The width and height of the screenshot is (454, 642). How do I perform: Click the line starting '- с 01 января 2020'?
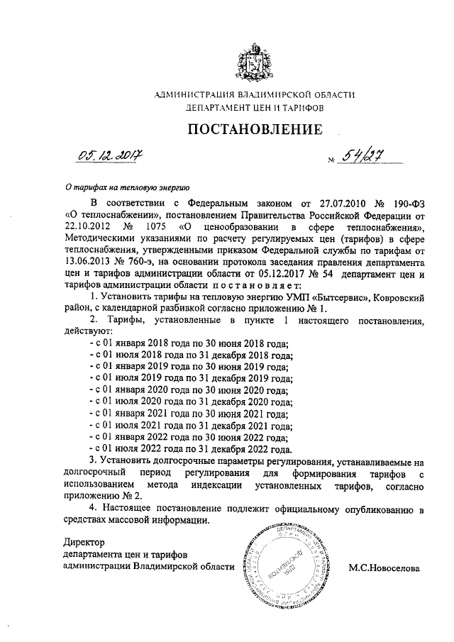191,389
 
